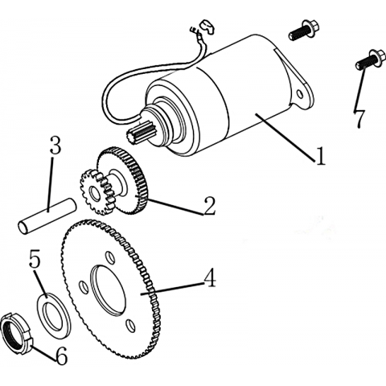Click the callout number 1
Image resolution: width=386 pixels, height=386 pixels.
pyautogui.click(x=320, y=156)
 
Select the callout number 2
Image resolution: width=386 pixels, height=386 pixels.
pyautogui.click(x=209, y=206)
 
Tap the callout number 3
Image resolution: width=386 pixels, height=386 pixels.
pyautogui.click(x=55, y=146)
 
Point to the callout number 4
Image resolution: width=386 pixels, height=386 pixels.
pyautogui.click(x=210, y=278)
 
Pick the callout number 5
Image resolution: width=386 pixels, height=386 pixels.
pyautogui.click(x=35, y=259)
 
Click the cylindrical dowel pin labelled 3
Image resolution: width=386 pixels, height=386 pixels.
pyautogui.click(x=47, y=216)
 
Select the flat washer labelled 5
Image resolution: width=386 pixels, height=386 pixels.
pyautogui.click(x=54, y=315)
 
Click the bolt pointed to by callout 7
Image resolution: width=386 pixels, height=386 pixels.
pyautogui.click(x=368, y=60)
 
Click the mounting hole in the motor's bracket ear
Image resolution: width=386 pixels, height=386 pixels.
pyautogui.click(x=301, y=94)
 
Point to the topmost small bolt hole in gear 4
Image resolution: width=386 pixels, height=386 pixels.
pyautogui.click(x=109, y=257)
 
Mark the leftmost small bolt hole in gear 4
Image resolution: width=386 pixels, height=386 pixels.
pyautogui.click(x=84, y=287)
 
